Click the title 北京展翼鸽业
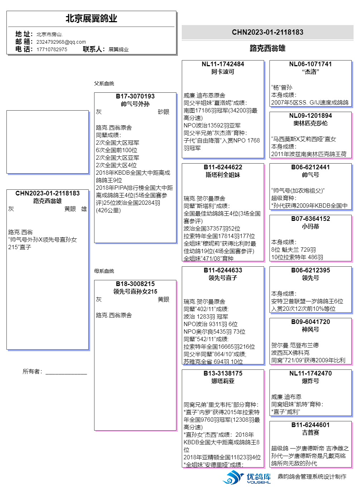coord(91,19)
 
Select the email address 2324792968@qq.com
coord(61,42)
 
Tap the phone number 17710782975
coord(52,49)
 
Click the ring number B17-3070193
coord(135,96)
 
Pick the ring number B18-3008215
coord(135,284)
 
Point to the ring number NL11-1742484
coord(223,64)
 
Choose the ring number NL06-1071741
coord(310,64)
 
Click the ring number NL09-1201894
coord(310,116)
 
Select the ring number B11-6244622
coord(223,167)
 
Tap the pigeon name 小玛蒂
coord(310,226)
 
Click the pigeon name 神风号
coord(310,329)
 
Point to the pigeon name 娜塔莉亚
coord(223,381)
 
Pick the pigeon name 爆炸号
coord(310,381)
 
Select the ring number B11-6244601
coord(310,425)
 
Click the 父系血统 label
coord(104,83)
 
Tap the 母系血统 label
coord(104,271)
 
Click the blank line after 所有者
coord(66,372)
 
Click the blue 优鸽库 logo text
coord(258,477)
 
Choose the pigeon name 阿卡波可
coord(223,72)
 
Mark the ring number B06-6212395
coord(310,270)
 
